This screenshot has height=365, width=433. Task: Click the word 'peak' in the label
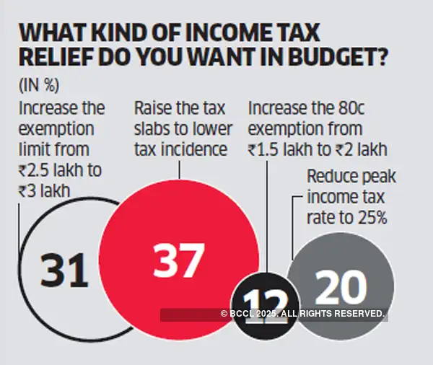pyautogui.click(x=379, y=177)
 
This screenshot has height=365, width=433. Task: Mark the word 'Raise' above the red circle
pyautogui.click(x=154, y=109)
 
